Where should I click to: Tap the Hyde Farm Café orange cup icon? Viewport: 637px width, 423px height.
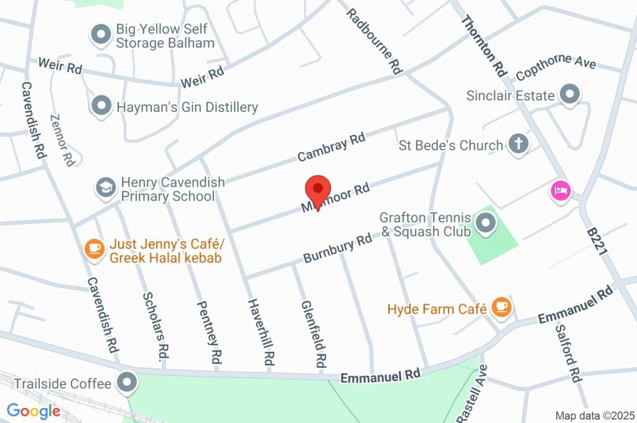tap(501, 306)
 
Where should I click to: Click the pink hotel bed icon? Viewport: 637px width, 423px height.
tap(560, 190)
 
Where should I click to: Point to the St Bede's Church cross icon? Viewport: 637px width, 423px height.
tap(517, 144)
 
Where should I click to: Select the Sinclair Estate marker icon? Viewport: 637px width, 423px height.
tap(569, 95)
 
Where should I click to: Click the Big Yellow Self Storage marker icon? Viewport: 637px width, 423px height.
tap(101, 35)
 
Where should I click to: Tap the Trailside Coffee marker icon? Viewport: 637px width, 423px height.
tap(127, 383)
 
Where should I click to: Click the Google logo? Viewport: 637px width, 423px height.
tap(34, 411)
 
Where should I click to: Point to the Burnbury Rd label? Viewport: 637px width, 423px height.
tap(337, 248)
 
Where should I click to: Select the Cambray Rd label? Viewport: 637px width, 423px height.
tap(331, 147)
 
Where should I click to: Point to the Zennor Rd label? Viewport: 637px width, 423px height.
tap(63, 139)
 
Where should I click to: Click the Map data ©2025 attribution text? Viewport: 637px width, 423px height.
tap(595, 416)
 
